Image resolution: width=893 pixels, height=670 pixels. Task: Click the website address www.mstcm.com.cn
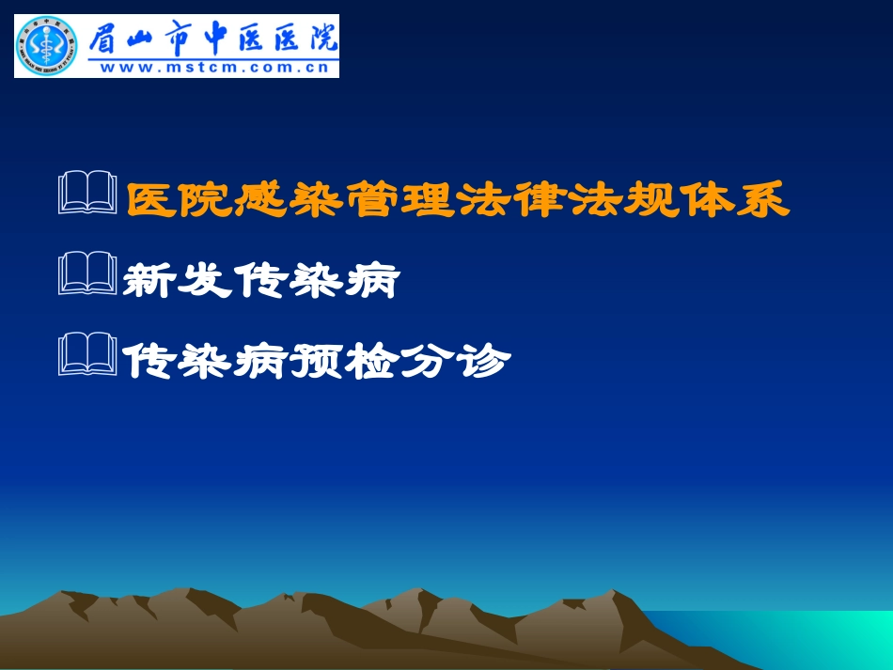point(213,67)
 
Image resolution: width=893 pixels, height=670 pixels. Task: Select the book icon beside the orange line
point(87,195)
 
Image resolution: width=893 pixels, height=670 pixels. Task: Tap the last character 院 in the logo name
point(321,38)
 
